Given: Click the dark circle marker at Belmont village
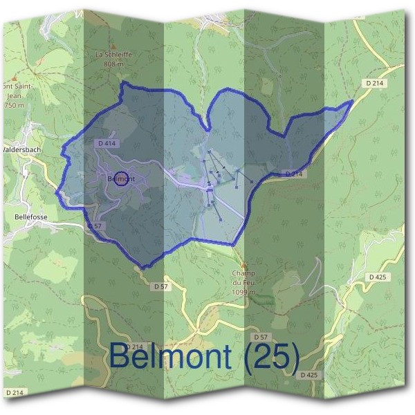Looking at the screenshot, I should [120, 178].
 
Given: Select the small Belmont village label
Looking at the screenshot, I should [119, 179].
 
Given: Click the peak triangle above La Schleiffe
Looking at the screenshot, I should [113, 46].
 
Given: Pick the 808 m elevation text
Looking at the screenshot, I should [113, 64].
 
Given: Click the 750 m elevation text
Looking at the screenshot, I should [14, 104].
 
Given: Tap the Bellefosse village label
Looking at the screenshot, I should [30, 216].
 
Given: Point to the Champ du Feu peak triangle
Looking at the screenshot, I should [243, 264].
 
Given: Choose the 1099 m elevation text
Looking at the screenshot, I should [243, 293].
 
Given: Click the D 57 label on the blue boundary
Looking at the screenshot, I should [95, 226].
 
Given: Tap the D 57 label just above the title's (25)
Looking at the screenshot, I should [260, 336].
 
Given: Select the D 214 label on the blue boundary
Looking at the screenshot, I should [293, 174].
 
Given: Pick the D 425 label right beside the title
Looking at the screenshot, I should [309, 374].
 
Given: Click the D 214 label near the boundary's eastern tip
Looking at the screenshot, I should [373, 83].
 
